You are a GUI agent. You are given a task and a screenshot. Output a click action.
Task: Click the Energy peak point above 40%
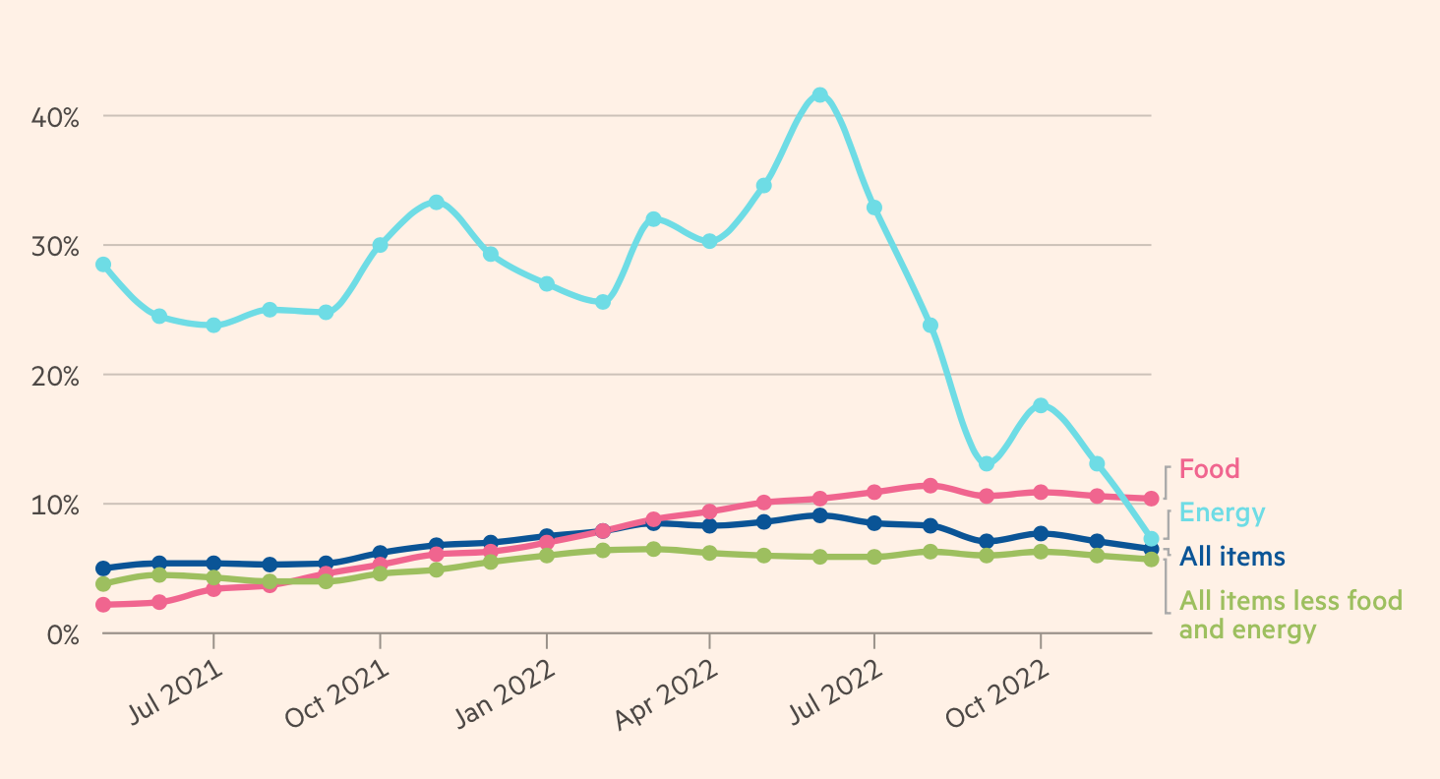[819, 95]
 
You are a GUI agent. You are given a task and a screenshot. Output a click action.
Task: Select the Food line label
[1209, 469]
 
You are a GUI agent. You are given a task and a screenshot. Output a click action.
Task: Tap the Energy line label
[1222, 512]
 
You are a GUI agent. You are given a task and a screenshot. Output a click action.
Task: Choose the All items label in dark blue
[1231, 557]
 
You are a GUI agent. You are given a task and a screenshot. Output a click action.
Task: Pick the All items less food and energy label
[1290, 615]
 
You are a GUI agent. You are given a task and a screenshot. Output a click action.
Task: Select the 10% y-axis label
[56, 505]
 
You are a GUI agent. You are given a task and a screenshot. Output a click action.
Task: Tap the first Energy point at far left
[102, 265]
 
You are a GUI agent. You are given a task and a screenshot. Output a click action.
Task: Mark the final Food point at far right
[1151, 499]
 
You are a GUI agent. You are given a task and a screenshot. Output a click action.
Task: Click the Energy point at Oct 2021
[380, 245]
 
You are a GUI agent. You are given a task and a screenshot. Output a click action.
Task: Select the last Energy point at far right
[1151, 538]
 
